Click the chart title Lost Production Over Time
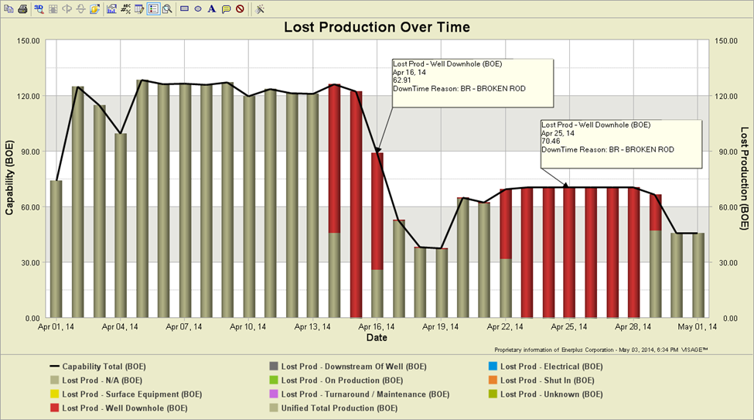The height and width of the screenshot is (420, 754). [x=377, y=27]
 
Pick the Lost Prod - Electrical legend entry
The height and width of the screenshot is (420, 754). [x=551, y=366]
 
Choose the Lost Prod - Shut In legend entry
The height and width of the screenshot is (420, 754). [x=547, y=380]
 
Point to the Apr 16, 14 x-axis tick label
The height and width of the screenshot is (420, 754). [x=378, y=327]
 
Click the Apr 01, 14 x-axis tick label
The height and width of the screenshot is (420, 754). [x=57, y=327]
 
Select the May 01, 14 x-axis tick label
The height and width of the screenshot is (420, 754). [x=698, y=327]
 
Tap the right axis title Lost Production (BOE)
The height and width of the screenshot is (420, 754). [x=745, y=178]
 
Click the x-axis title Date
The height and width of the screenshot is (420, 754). [x=377, y=338]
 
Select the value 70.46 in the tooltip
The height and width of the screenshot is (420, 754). [x=551, y=142]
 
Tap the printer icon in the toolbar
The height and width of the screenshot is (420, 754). [x=22, y=9]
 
